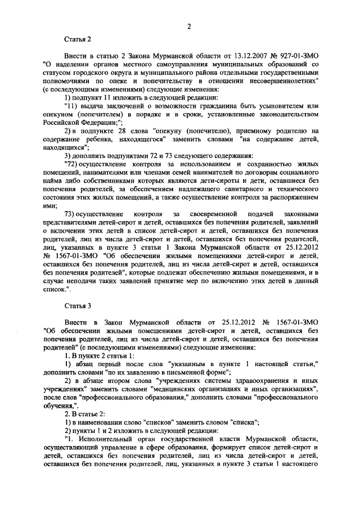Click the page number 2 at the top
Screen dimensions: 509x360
190,26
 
